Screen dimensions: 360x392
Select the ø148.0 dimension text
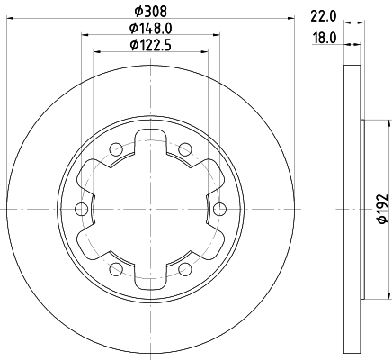[x=149, y=30]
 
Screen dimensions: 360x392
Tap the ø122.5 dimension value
[x=149, y=45]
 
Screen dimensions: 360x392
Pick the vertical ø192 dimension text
[x=379, y=208]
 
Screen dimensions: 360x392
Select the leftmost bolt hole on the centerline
[x=82, y=209]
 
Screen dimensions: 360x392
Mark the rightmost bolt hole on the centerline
[x=219, y=209]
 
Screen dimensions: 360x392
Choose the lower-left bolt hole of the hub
[x=116, y=268]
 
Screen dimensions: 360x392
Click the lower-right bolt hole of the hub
[x=184, y=268]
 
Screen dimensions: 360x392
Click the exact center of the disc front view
[x=150, y=209]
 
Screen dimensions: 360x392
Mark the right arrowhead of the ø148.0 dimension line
[x=215, y=36]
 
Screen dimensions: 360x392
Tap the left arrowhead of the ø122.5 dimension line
[x=98, y=52]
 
